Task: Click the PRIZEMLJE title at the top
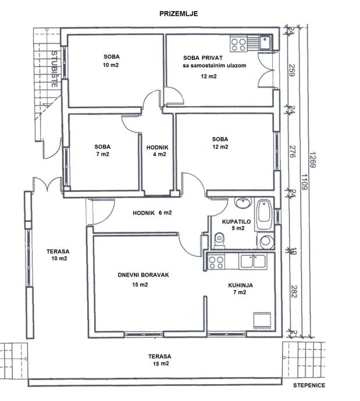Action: (x=179, y=13)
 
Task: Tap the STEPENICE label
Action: (x=309, y=385)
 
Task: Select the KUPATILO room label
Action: (x=237, y=222)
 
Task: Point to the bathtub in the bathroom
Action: (x=264, y=215)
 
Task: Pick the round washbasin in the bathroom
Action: (x=243, y=203)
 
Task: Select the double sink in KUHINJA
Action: (x=253, y=261)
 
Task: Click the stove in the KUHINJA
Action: (x=216, y=262)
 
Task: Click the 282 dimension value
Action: (x=294, y=291)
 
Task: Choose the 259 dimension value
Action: (x=292, y=70)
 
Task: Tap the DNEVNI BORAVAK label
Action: (x=143, y=275)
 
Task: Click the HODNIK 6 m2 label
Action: (x=152, y=213)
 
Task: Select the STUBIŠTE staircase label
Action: (x=54, y=69)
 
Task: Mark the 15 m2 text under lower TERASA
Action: (x=161, y=363)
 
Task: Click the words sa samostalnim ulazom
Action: (x=215, y=66)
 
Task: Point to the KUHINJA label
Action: (x=241, y=285)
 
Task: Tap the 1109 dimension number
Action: (x=304, y=182)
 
